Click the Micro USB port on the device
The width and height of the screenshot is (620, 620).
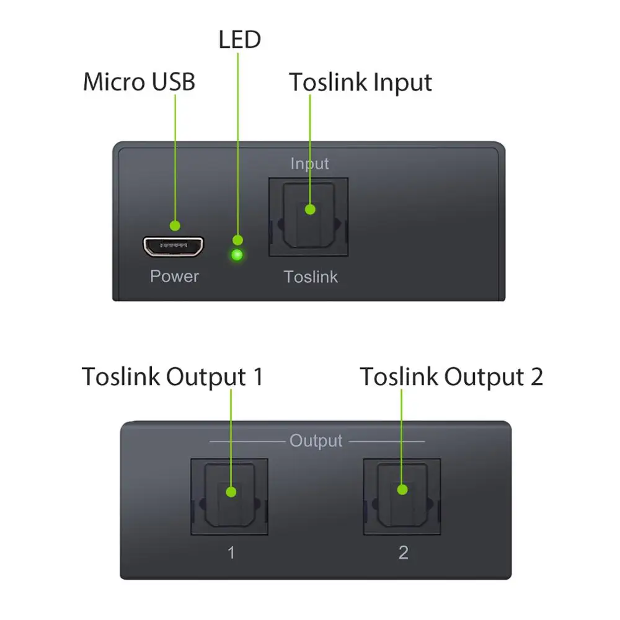174,247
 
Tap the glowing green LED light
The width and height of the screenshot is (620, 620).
237,255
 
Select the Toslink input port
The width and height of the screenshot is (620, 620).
308,217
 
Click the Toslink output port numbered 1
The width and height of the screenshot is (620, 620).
229,497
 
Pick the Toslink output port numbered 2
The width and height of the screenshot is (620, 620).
402,497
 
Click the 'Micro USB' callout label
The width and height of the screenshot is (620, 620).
139,82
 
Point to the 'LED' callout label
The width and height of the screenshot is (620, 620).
239,40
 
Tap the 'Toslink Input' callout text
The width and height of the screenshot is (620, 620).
360,82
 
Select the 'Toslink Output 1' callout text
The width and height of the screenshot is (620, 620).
172,376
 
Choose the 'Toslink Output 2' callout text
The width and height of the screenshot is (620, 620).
451,376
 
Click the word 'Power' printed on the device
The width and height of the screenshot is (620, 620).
174,276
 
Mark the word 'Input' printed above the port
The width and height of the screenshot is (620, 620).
309,164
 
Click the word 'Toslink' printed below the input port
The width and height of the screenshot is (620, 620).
311,277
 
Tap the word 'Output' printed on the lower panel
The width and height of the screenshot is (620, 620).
316,441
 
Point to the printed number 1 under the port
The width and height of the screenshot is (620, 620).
231,552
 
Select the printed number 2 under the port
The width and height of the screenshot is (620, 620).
403,552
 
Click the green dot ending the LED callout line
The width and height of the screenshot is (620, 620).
237,240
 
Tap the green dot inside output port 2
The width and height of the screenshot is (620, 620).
402,490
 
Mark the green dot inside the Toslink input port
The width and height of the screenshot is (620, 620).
310,210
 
